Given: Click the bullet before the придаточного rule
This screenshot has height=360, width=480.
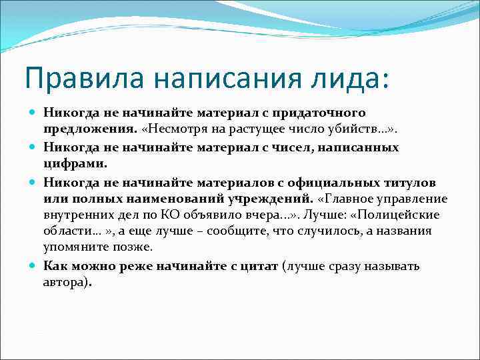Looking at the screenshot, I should click(34, 114).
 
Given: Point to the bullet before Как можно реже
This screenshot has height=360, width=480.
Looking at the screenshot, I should click(34, 266).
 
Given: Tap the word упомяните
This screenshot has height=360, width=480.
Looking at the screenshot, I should click(73, 248).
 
